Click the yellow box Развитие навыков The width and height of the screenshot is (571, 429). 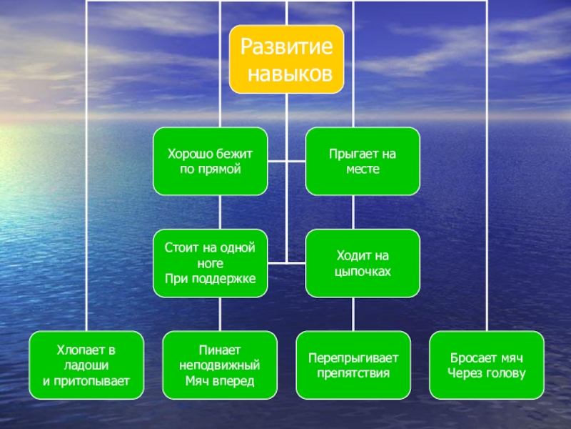coord(286,59)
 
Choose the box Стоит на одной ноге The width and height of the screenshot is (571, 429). coord(211,263)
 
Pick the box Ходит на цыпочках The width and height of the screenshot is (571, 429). coord(363,263)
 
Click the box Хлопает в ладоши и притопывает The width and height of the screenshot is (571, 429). coord(86,365)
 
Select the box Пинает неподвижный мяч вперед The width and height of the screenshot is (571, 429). coord(220,365)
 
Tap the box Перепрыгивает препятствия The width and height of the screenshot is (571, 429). coord(353,365)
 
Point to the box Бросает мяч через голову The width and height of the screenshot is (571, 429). coord(487,365)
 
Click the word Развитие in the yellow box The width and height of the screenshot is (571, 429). coord(286,48)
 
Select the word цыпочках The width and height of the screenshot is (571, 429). coord(363,272)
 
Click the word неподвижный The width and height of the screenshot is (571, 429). coord(220,365)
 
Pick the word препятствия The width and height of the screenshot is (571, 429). coord(353,373)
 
